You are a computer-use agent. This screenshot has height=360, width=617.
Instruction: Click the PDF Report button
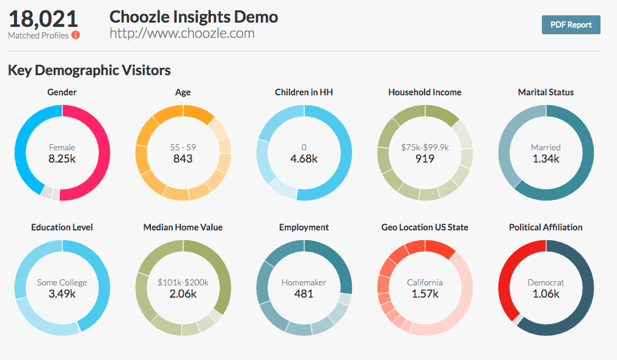[x=571, y=24]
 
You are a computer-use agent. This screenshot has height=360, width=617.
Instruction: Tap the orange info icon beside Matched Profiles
[x=76, y=35]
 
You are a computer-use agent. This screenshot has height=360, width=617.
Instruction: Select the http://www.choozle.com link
[x=182, y=33]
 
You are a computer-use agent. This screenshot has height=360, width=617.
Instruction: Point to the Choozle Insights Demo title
[x=194, y=17]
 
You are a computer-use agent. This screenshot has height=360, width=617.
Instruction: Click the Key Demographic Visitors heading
[x=89, y=70]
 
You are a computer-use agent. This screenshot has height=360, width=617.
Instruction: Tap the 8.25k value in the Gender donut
[x=62, y=158]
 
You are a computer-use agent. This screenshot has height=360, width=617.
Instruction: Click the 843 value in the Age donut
[x=183, y=158]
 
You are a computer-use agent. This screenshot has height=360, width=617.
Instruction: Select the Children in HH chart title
[x=304, y=92]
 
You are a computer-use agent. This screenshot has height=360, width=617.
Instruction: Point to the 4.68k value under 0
[x=304, y=158]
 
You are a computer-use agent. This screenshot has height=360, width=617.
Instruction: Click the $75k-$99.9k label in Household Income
[x=425, y=147]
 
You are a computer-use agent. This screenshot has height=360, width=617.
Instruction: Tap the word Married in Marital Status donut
[x=546, y=147]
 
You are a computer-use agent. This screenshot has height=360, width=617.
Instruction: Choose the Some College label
[x=62, y=282]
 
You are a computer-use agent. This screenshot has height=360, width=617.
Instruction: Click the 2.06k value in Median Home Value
[x=183, y=293]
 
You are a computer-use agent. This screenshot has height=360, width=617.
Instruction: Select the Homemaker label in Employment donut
[x=304, y=282]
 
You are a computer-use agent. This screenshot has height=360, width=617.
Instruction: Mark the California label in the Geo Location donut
[x=425, y=282]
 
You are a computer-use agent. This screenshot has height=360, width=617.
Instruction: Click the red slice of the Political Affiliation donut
[x=507, y=275]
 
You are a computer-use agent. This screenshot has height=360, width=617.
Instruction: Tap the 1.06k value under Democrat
[x=546, y=293]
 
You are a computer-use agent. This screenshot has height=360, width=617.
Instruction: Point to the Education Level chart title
[x=62, y=227]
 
